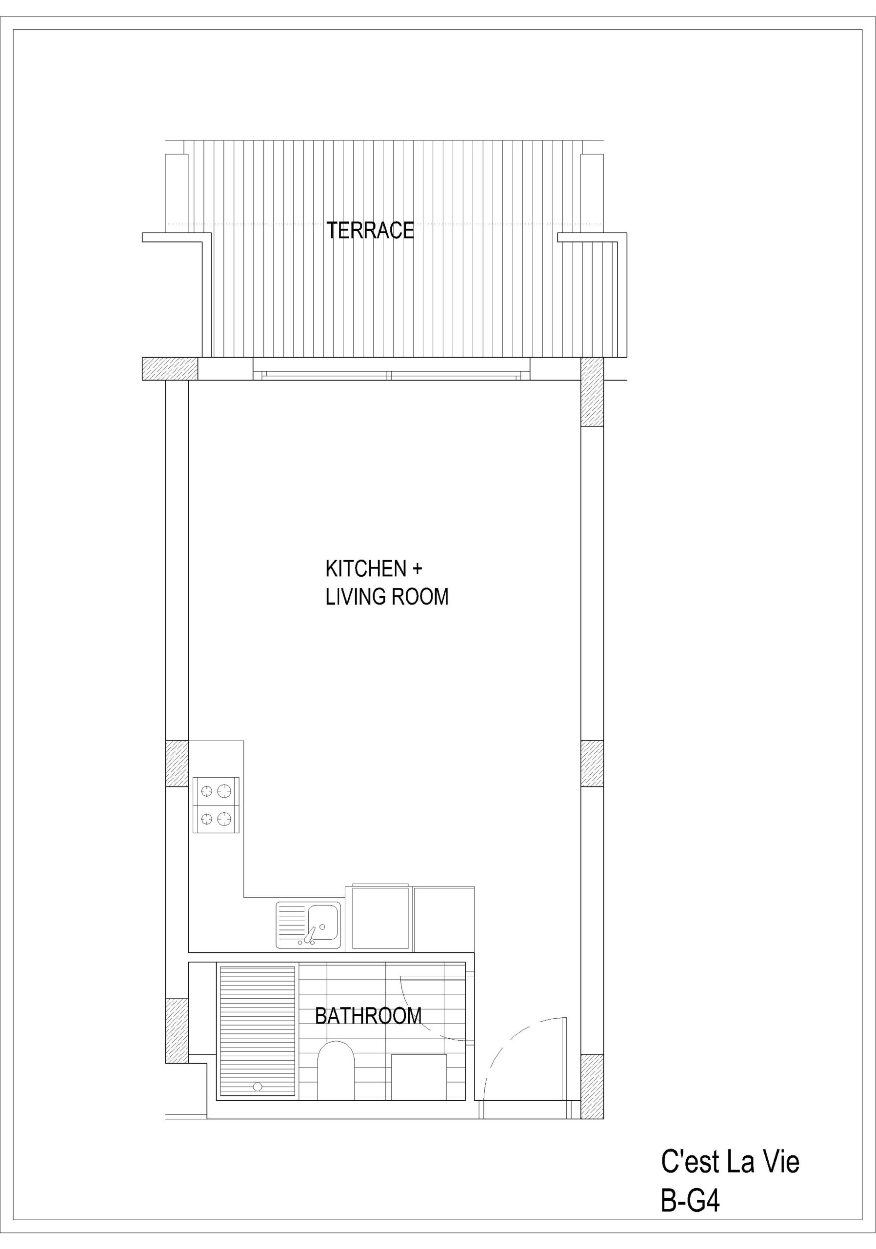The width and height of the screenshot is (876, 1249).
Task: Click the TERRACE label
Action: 370,230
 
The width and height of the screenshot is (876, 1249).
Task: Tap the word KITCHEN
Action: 366,569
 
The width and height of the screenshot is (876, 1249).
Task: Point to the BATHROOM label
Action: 368,1016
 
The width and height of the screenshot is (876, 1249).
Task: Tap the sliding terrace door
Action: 390,375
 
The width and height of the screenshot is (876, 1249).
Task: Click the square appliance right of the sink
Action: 380,918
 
